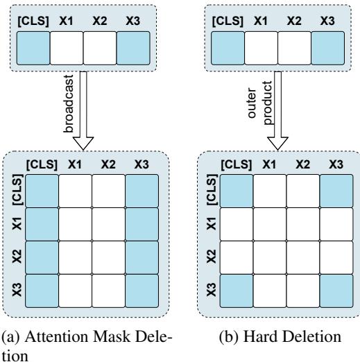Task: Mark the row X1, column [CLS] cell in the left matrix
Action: tap(41, 224)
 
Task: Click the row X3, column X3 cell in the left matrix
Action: tap(143, 291)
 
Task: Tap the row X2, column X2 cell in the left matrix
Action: tap(109, 257)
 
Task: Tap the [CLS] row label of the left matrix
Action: tap(16, 190)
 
